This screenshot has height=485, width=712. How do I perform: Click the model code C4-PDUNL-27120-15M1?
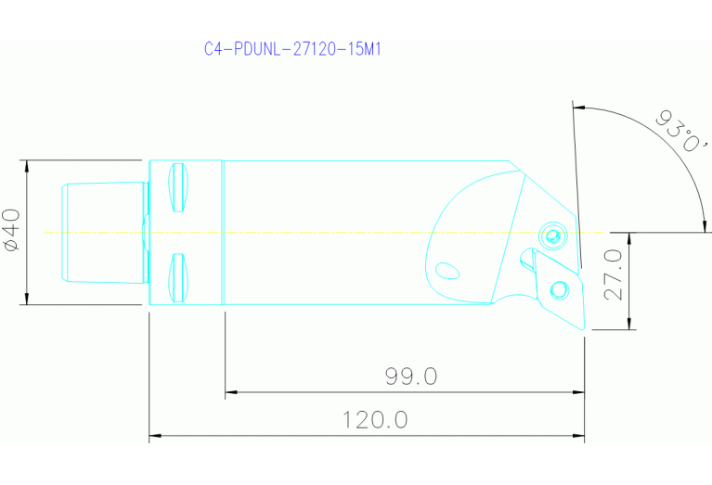[x=292, y=48]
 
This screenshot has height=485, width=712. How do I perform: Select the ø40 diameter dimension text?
[x=12, y=230]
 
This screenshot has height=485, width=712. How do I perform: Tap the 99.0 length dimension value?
[x=410, y=377]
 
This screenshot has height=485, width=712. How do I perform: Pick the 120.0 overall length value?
[x=375, y=420]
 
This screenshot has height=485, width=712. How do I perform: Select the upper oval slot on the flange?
[x=179, y=186]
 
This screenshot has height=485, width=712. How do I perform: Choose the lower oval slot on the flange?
[x=179, y=277]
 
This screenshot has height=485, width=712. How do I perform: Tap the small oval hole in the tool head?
[x=447, y=270]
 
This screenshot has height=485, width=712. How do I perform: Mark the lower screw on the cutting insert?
[x=559, y=290]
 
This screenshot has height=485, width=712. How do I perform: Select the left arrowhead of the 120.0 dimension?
[x=155, y=435]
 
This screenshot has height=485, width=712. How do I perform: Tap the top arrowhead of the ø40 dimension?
[x=28, y=165]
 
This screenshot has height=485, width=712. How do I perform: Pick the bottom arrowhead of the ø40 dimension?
[x=28, y=298]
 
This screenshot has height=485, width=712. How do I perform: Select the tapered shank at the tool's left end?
[x=102, y=231]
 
